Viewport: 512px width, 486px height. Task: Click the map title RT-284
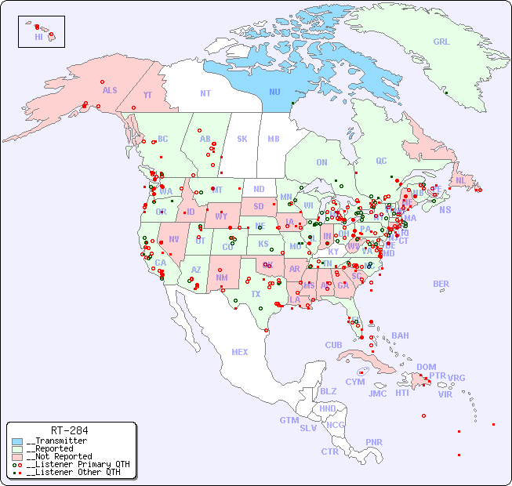point(69,430)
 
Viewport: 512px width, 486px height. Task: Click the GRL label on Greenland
point(441,42)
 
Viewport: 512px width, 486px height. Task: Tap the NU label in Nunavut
point(274,92)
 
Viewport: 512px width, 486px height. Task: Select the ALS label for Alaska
point(110,91)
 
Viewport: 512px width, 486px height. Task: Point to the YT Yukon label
point(147,96)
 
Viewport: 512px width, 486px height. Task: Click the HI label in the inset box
point(38,36)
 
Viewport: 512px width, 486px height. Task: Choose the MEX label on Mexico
point(240,352)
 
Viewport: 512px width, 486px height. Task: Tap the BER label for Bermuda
point(441,284)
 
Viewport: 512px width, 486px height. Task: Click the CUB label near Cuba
point(333,345)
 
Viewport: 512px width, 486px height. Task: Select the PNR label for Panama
point(374,442)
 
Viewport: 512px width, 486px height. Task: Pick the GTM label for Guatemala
point(289,420)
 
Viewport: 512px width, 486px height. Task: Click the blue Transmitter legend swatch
point(17,441)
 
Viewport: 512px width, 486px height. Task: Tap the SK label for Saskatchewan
point(242,140)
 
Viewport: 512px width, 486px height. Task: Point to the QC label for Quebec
point(381,161)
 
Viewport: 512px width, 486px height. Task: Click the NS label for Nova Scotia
point(445,210)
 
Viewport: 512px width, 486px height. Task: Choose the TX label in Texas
point(255,294)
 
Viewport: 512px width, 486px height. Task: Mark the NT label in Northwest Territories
point(205,93)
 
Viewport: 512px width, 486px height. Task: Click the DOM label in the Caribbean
point(426,367)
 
